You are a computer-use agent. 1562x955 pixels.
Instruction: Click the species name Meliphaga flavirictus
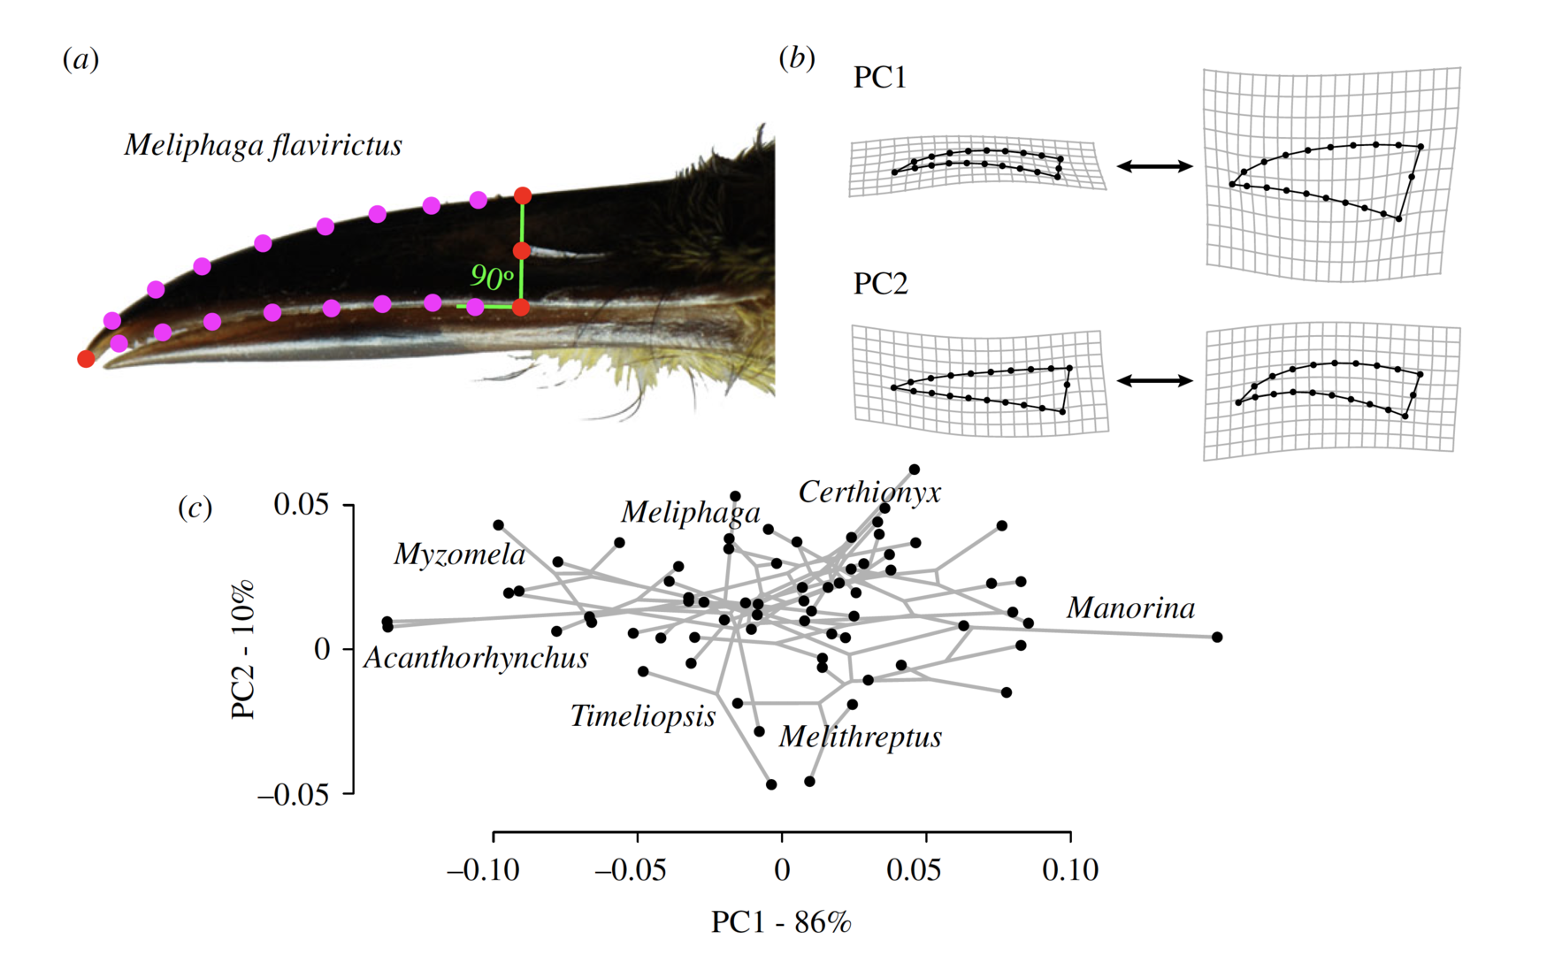click(x=263, y=145)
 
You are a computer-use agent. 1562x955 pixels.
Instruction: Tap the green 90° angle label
click(x=491, y=277)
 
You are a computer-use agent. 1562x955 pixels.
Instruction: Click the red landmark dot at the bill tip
click(x=86, y=358)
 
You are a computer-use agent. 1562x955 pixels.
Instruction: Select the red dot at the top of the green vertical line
click(x=523, y=195)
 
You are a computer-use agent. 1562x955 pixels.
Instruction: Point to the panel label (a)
click(x=80, y=59)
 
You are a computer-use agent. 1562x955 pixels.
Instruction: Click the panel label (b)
click(x=796, y=57)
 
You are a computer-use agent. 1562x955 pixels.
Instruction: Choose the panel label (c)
click(x=195, y=508)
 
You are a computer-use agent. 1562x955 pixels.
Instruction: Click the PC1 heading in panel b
click(x=880, y=78)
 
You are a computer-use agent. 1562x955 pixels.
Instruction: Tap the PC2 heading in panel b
click(x=880, y=284)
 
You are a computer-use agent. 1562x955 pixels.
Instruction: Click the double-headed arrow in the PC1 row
click(x=1154, y=165)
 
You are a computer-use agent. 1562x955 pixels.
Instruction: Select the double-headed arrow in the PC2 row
click(x=1154, y=380)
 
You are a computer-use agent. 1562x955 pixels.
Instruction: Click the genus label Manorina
click(x=1130, y=608)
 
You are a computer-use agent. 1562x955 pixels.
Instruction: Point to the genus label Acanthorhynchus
click(x=476, y=658)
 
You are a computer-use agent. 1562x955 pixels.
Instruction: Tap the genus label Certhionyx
click(x=869, y=493)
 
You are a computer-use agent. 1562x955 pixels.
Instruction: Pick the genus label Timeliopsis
click(x=643, y=716)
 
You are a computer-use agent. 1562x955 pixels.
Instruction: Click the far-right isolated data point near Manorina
click(x=1217, y=637)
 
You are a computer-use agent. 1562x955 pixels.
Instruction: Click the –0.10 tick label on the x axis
click(x=483, y=870)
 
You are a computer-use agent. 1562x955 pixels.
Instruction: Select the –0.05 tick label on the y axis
click(x=293, y=795)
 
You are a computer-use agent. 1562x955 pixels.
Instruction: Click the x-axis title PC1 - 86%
click(x=781, y=922)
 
